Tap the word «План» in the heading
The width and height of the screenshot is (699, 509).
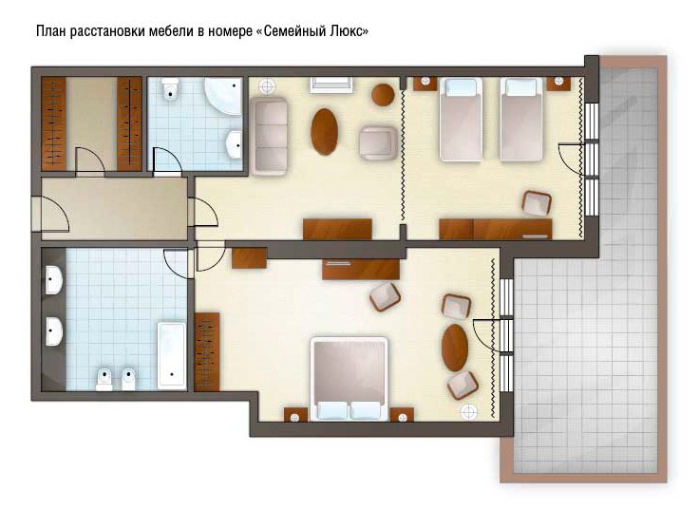pyautogui.click(x=51, y=31)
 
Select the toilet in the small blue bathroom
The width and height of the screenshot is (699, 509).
pyautogui.click(x=170, y=88)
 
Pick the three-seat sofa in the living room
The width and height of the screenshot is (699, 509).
pyautogui.click(x=269, y=137)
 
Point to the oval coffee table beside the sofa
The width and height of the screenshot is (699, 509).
pyautogui.click(x=324, y=132)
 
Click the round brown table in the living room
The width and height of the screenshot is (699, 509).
pyautogui.click(x=383, y=95)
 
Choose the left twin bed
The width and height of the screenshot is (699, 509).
pyautogui.click(x=461, y=120)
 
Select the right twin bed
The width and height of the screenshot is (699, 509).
pyautogui.click(x=522, y=120)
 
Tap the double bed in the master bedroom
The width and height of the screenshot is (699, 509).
pyautogui.click(x=349, y=379)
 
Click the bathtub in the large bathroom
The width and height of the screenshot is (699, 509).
pyautogui.click(x=172, y=356)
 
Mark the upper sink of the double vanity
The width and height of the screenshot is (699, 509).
pyautogui.click(x=54, y=280)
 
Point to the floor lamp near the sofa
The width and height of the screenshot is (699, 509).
pyautogui.click(x=267, y=86)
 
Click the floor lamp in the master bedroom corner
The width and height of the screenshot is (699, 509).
pyautogui.click(x=468, y=412)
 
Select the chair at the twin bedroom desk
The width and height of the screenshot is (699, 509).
pyautogui.click(x=537, y=203)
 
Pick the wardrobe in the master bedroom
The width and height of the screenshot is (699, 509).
pyautogui.click(x=207, y=352)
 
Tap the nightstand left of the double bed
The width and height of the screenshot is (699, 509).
pyautogui.click(x=295, y=414)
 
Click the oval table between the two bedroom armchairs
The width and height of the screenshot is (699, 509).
pyautogui.click(x=455, y=348)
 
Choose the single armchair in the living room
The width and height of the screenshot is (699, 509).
pyautogui.click(x=379, y=143)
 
